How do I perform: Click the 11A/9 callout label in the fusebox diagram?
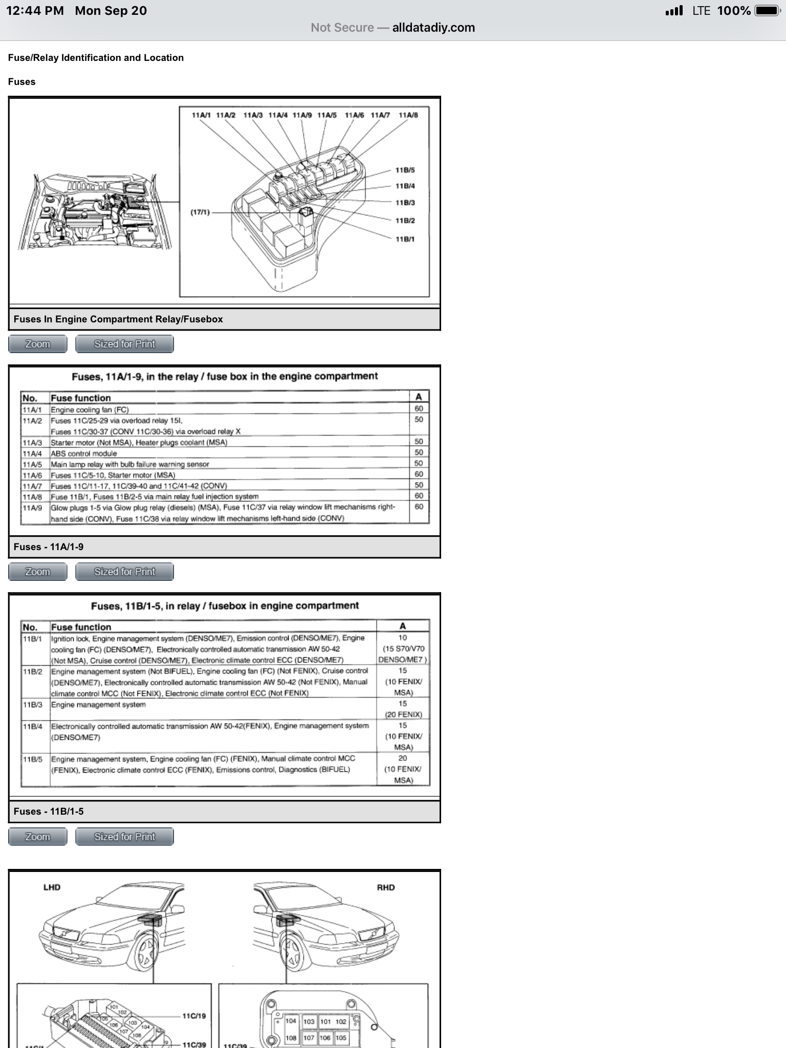[x=302, y=115]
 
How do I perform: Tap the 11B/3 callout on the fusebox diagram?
[x=405, y=203]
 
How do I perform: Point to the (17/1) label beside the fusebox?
[x=200, y=212]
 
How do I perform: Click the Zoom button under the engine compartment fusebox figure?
[x=37, y=344]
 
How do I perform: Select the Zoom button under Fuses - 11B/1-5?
[x=37, y=837]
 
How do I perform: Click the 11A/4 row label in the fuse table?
[x=32, y=453]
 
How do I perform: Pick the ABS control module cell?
[x=84, y=453]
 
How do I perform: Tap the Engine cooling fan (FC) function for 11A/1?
[x=90, y=410]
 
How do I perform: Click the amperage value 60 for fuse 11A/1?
[x=419, y=408]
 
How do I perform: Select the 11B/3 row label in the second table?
[x=32, y=705]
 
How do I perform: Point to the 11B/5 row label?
[x=32, y=759]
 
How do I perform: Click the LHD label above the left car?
[x=52, y=887]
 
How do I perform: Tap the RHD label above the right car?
[x=386, y=887]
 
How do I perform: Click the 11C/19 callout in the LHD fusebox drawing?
[x=194, y=1016]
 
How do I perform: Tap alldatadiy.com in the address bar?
[x=433, y=28]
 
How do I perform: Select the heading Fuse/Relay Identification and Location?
[x=96, y=58]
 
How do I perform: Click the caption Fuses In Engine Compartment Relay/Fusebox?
[x=118, y=319]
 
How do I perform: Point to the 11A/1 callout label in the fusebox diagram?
[x=201, y=115]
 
